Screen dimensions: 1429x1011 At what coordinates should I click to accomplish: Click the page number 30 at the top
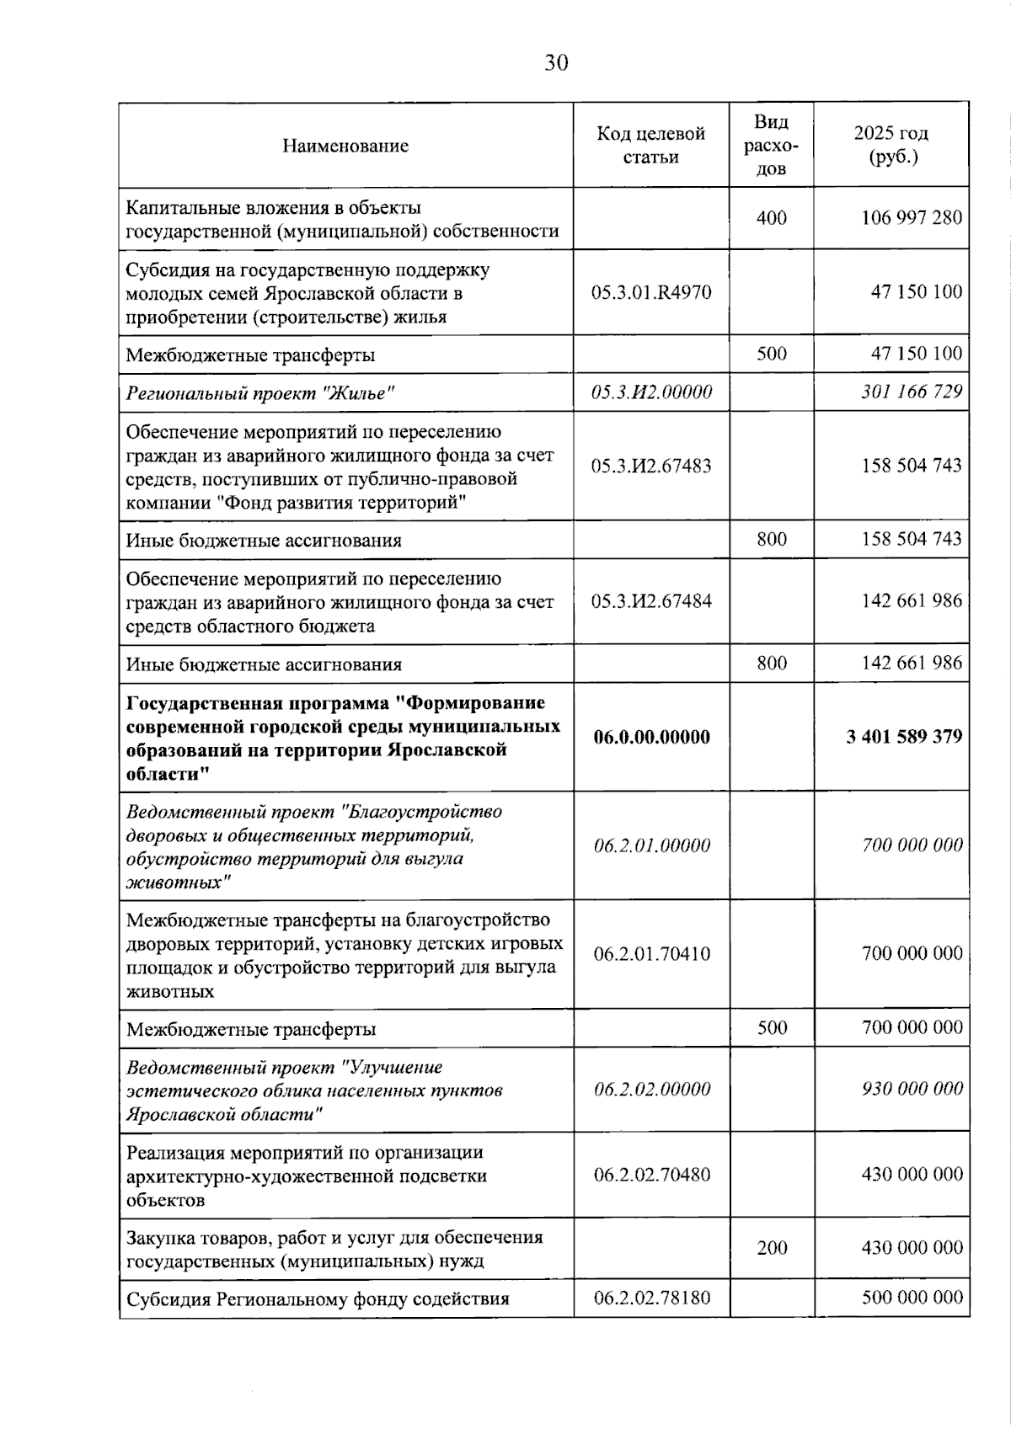point(556,63)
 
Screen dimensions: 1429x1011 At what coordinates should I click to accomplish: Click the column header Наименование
point(345,146)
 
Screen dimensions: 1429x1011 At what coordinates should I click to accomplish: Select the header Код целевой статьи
point(650,145)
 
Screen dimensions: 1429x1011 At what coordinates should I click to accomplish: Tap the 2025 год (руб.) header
point(891,145)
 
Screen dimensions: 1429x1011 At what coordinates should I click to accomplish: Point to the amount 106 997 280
point(911,218)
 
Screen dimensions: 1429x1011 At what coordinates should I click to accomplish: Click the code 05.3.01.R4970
point(651,292)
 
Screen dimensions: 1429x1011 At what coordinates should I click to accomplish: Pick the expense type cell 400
point(771,218)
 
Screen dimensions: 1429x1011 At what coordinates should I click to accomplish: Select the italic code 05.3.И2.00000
point(651,392)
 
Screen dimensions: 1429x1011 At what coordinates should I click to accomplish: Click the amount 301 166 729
point(911,392)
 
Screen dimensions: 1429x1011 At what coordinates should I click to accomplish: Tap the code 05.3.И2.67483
point(651,466)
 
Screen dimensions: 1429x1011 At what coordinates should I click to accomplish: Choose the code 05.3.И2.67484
point(651,601)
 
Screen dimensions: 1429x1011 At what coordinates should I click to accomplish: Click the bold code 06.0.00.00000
point(651,737)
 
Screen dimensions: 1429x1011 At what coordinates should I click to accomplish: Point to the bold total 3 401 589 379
point(904,737)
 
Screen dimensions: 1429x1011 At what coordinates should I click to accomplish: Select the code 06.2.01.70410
point(651,954)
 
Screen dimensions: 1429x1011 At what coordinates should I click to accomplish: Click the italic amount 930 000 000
point(912,1089)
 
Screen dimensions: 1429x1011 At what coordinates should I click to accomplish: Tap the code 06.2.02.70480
point(651,1175)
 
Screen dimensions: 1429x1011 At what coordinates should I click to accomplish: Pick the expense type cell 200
point(772,1248)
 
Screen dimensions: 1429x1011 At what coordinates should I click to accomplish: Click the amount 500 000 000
point(912,1298)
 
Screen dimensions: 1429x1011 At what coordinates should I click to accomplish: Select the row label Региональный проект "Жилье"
point(260,393)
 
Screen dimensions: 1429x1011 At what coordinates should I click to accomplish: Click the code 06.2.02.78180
point(651,1298)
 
